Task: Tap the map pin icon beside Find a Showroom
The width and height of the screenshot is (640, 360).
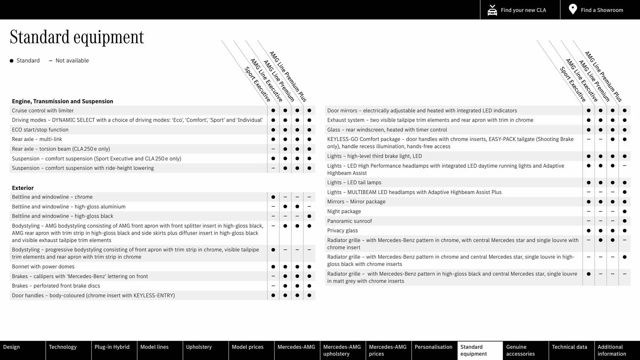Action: pyautogui.click(x=573, y=9)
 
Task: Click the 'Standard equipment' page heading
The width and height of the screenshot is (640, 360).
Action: pyautogui.click(x=77, y=37)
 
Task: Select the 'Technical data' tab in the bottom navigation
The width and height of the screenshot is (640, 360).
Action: pyautogui.click(x=569, y=347)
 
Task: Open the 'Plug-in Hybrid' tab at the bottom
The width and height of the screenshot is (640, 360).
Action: pyautogui.click(x=112, y=347)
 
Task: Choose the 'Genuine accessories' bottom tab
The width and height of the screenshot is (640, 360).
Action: pyautogui.click(x=520, y=350)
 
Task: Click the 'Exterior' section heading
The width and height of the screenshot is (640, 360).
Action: pyautogui.click(x=23, y=188)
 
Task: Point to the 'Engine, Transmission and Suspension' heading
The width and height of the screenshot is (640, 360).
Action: pyautogui.click(x=62, y=101)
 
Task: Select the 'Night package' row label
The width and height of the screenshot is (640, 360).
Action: pyautogui.click(x=344, y=211)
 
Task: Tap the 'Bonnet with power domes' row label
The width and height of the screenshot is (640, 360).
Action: pyautogui.click(x=43, y=267)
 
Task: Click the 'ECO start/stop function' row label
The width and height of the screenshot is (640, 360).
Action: pyautogui.click(x=40, y=130)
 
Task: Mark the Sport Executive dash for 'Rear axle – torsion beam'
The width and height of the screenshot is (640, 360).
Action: pyautogui.click(x=273, y=149)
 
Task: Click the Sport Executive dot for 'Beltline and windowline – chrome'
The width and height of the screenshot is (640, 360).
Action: pyautogui.click(x=273, y=197)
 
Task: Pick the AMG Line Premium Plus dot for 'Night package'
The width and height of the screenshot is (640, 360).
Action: pyautogui.click(x=624, y=211)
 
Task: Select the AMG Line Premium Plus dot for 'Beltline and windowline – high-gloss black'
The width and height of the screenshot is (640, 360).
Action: pyautogui.click(x=309, y=216)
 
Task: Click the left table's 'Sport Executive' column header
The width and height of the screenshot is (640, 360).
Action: pyautogui.click(x=257, y=84)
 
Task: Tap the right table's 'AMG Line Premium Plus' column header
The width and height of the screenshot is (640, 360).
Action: pyautogui.click(x=603, y=76)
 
